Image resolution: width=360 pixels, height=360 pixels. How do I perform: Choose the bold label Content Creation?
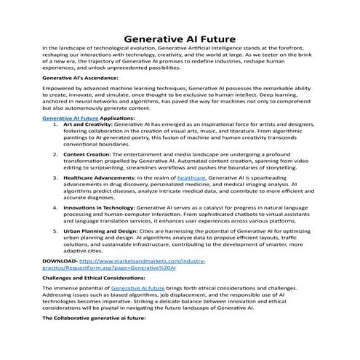pos(90,154)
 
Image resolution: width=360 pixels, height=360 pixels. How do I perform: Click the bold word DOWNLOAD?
pos(60,260)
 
